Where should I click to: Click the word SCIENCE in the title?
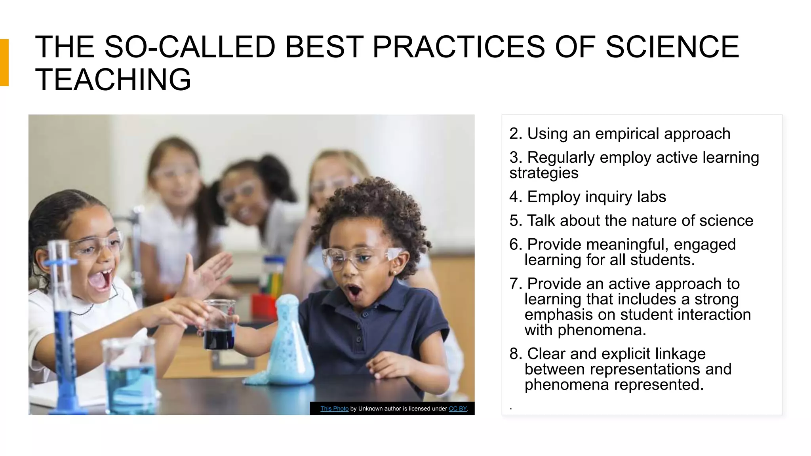(x=672, y=47)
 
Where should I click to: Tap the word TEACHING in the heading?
(x=113, y=80)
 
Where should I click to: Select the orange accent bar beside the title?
(x=4, y=63)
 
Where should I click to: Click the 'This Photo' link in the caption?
(x=334, y=408)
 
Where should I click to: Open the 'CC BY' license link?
(x=458, y=408)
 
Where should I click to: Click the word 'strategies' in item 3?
(x=544, y=173)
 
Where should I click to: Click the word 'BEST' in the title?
(x=324, y=47)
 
